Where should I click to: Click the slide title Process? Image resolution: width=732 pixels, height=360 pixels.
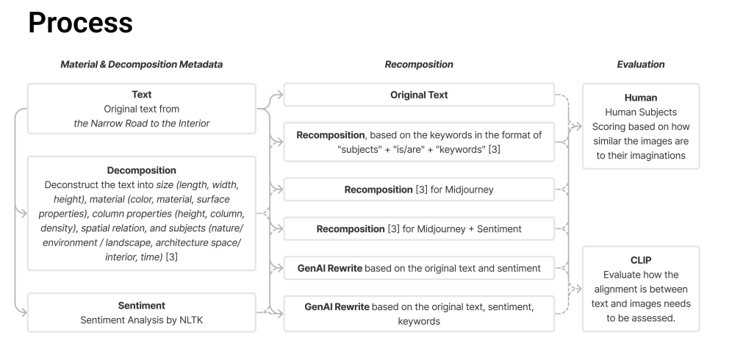(x=81, y=23)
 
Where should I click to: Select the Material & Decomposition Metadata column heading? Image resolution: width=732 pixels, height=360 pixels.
(x=141, y=65)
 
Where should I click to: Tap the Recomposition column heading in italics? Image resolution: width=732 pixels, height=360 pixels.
(x=419, y=65)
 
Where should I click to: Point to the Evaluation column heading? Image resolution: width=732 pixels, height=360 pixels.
(x=640, y=65)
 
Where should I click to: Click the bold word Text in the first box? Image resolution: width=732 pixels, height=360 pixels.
(x=141, y=95)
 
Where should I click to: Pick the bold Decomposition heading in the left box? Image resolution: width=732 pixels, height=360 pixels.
(x=141, y=170)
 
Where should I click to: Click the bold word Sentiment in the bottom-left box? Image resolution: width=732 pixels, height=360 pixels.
(x=141, y=304)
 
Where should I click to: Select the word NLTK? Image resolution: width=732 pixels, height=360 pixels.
(x=202, y=320)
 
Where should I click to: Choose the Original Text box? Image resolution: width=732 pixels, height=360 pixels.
(x=419, y=95)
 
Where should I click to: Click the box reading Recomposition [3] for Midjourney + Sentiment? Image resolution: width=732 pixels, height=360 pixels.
(x=419, y=229)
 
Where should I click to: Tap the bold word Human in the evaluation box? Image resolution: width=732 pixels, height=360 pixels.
(x=640, y=97)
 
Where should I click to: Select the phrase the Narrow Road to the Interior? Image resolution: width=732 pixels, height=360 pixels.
(x=141, y=123)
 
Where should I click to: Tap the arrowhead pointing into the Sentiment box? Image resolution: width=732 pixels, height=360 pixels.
(x=24, y=312)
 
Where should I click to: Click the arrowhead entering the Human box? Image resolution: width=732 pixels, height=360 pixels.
(x=579, y=126)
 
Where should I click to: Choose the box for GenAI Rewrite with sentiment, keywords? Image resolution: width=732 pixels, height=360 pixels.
(x=419, y=312)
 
